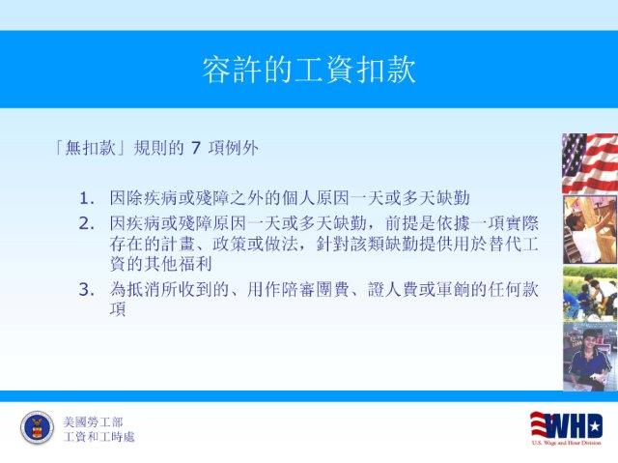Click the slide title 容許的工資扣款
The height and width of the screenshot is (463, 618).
coord(309,71)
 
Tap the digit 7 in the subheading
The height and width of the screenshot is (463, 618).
coord(196,148)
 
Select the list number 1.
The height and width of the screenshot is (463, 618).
coord(86,198)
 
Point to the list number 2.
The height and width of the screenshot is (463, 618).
coord(86,224)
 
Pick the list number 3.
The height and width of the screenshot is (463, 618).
coord(86,290)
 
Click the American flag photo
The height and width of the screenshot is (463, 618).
coord(590,163)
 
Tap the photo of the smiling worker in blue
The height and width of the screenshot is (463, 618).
coord(590,358)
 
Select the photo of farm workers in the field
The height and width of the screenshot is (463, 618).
coord(590,294)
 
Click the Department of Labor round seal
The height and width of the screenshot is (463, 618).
coord(37,427)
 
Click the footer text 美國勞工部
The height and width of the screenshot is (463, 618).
coord(93,422)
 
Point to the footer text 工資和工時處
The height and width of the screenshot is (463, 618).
coord(98,437)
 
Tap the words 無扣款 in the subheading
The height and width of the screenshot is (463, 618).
coord(91,148)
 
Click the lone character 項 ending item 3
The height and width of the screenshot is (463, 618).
coord(118,309)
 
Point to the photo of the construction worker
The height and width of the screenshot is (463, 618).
coord(590,229)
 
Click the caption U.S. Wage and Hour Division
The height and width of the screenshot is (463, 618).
coord(567,443)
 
